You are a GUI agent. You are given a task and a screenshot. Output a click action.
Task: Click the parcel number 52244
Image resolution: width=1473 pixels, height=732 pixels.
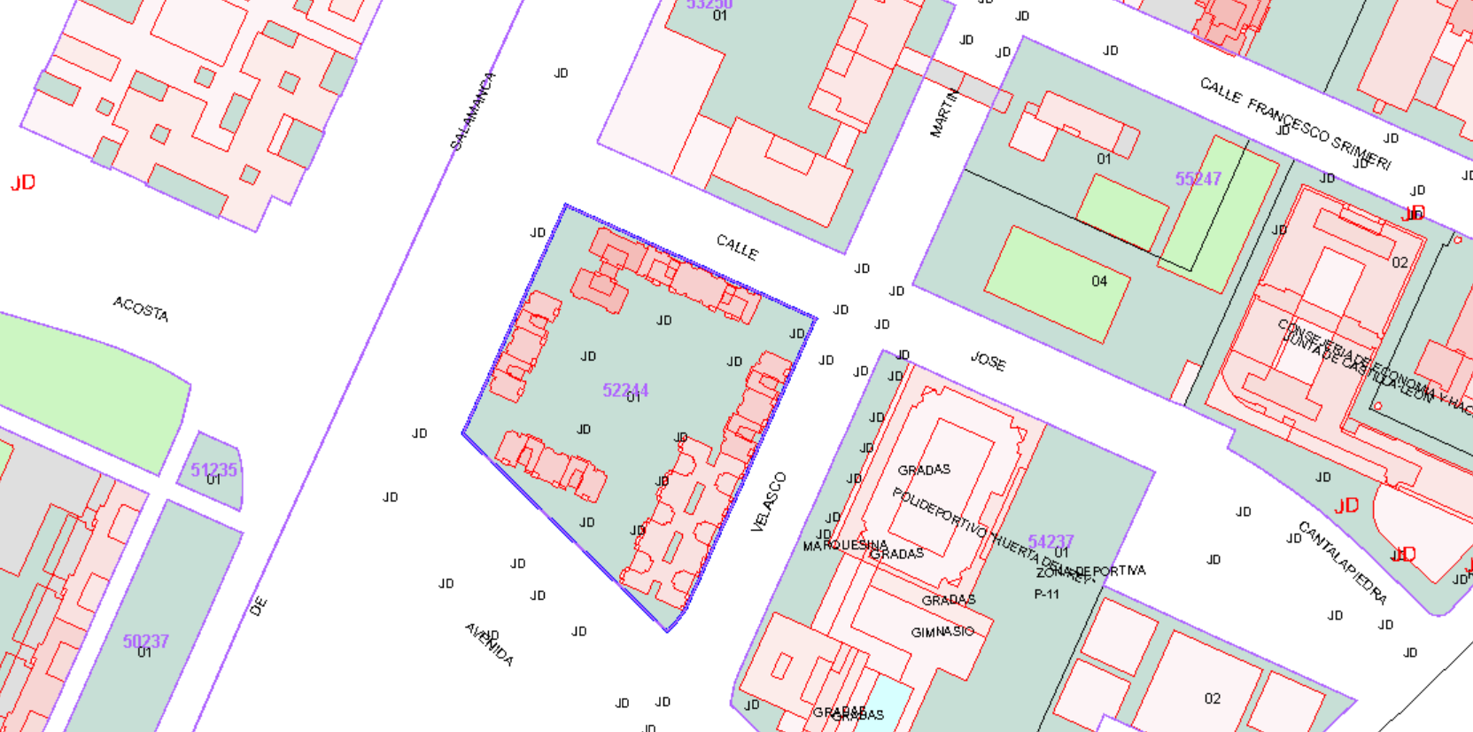(x=625, y=390)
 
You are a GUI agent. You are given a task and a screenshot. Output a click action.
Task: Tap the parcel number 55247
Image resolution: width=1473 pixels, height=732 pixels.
(x=1198, y=179)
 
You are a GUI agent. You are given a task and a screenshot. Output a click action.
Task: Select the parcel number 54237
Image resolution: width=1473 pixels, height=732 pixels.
(x=1050, y=541)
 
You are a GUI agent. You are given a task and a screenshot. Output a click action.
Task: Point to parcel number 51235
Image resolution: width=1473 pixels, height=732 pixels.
(x=213, y=470)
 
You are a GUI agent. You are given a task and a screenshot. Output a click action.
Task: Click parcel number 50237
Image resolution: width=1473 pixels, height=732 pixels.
(x=145, y=641)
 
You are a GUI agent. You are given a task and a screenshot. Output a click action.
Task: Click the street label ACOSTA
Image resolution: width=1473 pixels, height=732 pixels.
(x=140, y=308)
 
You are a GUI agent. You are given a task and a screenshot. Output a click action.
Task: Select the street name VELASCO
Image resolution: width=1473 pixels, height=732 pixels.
(x=768, y=502)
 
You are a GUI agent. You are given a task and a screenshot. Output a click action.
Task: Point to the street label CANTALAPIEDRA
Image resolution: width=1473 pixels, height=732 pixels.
(x=1341, y=562)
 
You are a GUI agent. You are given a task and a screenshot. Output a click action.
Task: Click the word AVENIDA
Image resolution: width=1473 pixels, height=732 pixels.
(x=489, y=644)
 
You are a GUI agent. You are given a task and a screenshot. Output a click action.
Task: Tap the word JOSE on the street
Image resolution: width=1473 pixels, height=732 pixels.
(x=988, y=361)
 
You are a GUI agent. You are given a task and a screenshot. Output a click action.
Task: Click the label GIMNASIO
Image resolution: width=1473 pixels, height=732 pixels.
(x=942, y=632)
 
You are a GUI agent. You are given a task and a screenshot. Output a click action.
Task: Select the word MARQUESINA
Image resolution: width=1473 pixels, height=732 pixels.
(x=844, y=545)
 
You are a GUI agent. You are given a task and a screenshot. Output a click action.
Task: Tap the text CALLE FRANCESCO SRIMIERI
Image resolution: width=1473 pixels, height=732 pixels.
(x=1294, y=123)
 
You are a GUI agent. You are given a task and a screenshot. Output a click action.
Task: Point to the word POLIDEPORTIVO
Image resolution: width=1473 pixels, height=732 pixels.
(x=939, y=512)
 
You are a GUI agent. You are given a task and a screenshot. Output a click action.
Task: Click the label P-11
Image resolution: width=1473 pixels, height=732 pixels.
(x=1046, y=595)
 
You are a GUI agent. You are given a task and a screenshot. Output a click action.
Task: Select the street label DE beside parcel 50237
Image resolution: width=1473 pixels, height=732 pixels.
(x=258, y=607)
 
